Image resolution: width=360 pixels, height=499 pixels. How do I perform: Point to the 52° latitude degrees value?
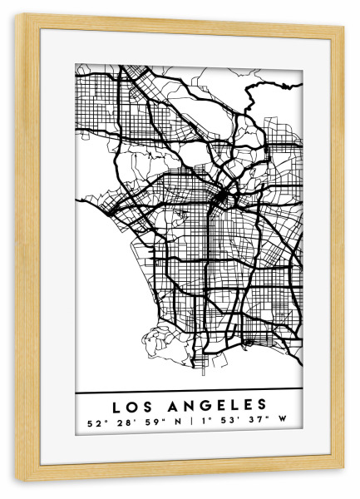pyautogui.click(x=96, y=422)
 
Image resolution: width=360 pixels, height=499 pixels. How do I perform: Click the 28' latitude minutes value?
pyautogui.click(x=124, y=422)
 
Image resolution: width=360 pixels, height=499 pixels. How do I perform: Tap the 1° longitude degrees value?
pyautogui.click(x=205, y=422)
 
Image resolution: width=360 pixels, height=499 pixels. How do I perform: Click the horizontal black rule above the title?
pyautogui.click(x=189, y=392)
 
